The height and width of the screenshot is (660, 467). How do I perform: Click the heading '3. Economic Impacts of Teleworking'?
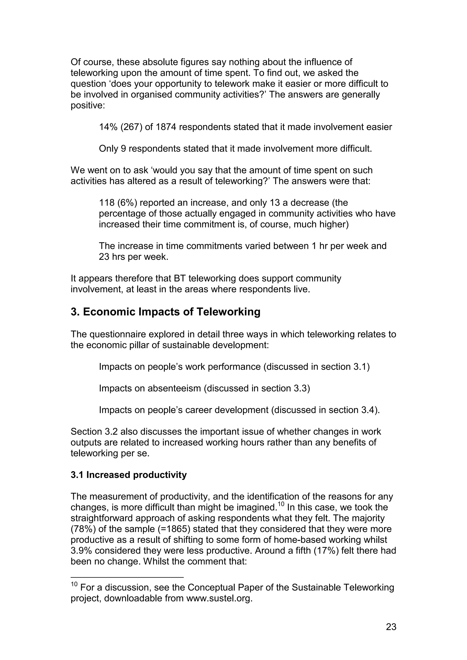coord(166,312)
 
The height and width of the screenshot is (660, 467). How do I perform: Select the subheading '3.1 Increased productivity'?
coord(129,475)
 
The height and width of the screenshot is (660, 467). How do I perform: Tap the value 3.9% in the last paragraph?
coord(81,551)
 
